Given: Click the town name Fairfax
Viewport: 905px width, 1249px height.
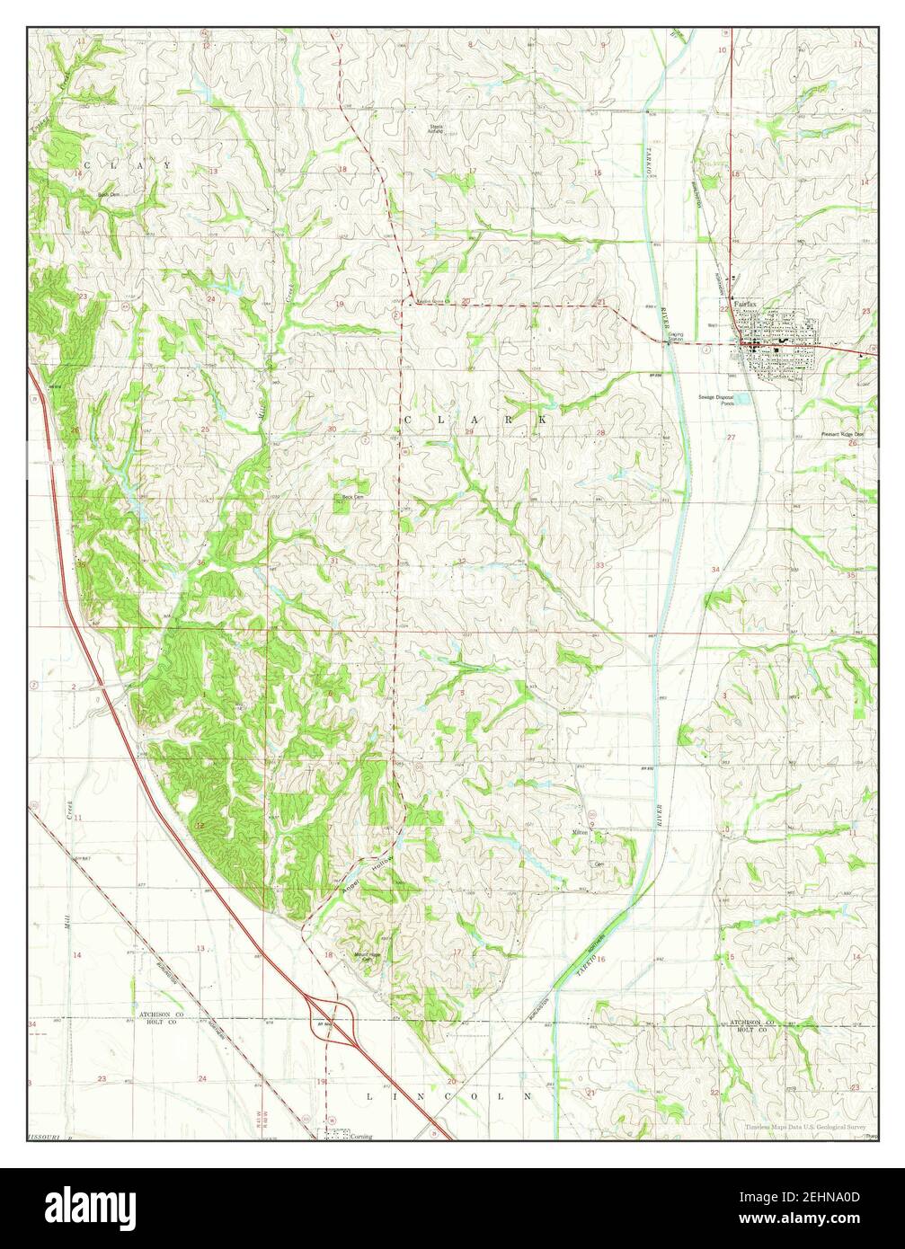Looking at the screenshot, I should point(745,304).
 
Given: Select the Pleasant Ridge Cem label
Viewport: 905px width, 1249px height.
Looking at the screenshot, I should point(840,434).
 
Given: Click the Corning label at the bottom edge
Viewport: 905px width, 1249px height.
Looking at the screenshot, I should point(361,1136).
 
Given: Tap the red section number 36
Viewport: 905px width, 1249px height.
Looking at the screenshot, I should point(200,563).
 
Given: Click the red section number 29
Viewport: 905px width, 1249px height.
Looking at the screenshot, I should point(468,432).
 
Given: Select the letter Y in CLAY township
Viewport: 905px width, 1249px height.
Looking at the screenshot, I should point(166,165).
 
